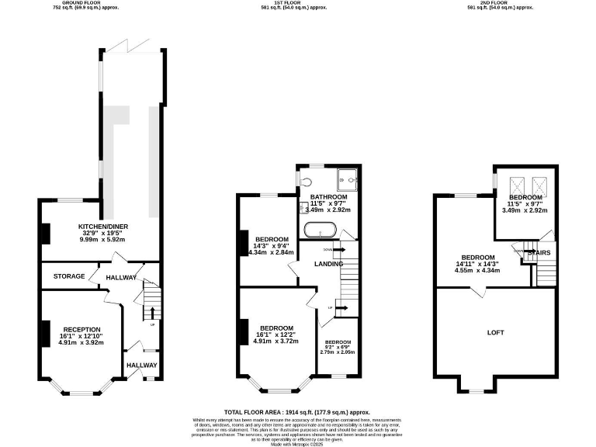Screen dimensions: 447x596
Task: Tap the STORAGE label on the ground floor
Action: (x=69, y=276)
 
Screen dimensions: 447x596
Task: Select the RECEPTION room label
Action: (x=82, y=329)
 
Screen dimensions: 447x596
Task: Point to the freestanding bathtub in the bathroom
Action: (x=318, y=230)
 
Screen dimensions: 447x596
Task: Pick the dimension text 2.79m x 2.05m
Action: (x=338, y=352)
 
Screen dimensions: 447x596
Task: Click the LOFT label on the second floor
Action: (x=495, y=332)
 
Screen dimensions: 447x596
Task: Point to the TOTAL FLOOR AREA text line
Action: (x=297, y=412)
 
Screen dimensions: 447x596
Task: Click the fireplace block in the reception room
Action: (x=45, y=334)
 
